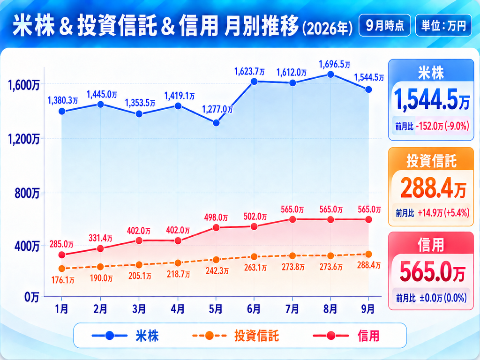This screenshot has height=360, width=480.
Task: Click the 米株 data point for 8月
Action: pyautogui.click(x=330, y=75)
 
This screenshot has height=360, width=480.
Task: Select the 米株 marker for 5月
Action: pyautogui.click(x=216, y=123)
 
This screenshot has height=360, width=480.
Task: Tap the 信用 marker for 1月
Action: pyautogui.click(x=62, y=255)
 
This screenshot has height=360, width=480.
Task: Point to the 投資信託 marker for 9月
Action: pyautogui.click(x=368, y=254)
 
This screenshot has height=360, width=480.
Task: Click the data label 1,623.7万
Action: pyautogui.click(x=249, y=72)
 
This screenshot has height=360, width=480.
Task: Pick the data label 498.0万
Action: pyautogui.click(x=216, y=217)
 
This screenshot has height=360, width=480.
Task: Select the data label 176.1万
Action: pyautogui.click(x=63, y=280)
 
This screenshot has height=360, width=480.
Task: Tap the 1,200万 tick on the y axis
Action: pyautogui.click(x=24, y=139)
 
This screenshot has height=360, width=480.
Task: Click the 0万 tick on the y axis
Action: pyautogui.click(x=32, y=297)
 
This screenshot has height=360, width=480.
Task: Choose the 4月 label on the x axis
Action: pyautogui.click(x=178, y=309)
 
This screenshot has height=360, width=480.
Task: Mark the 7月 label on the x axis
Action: pyautogui.click(x=292, y=309)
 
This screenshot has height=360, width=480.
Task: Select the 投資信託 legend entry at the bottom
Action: pyautogui.click(x=236, y=336)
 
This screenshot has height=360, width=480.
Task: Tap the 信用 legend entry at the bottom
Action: pyautogui.click(x=346, y=336)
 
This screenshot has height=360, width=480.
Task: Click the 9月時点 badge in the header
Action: pyautogui.click(x=385, y=25)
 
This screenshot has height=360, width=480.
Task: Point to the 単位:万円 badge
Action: pyautogui.click(x=443, y=25)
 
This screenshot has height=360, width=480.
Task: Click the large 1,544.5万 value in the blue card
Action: pyautogui.click(x=431, y=99)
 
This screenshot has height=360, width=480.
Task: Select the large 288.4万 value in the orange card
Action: pyautogui.click(x=433, y=188)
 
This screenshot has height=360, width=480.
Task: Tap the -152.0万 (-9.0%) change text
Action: pyautogui.click(x=442, y=126)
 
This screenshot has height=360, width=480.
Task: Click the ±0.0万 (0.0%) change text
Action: pyautogui.click(x=443, y=298)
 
